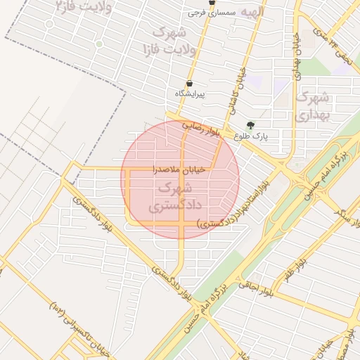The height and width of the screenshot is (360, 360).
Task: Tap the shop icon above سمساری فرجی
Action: pos(212,3)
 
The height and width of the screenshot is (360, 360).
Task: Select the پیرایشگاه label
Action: pos(191,94)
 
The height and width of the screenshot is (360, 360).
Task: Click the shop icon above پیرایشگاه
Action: pos(189,83)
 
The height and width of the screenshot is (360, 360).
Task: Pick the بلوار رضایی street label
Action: pos(202,127)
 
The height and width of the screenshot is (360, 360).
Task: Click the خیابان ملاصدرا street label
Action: pos(179,169)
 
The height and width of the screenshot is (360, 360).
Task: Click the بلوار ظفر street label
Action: pos(296,271)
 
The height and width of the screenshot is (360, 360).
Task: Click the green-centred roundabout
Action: pos(99,44)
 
